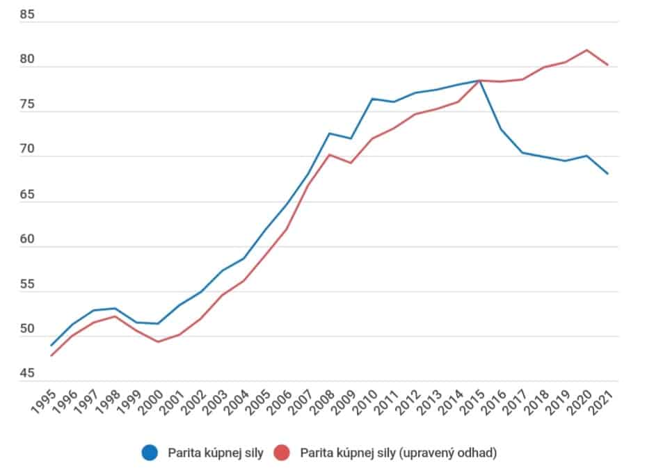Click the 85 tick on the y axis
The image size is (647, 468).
26,13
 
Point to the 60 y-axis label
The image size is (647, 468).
26,239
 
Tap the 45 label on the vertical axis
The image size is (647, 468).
26,373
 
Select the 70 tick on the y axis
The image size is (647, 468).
26,148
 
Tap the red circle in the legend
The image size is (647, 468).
282,453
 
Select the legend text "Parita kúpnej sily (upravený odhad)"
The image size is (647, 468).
398,453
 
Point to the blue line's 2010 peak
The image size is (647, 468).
372,99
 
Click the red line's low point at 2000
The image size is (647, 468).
159,341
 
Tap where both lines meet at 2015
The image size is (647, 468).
479,81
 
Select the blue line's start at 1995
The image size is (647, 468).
51,346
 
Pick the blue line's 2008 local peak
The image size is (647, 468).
330,133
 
